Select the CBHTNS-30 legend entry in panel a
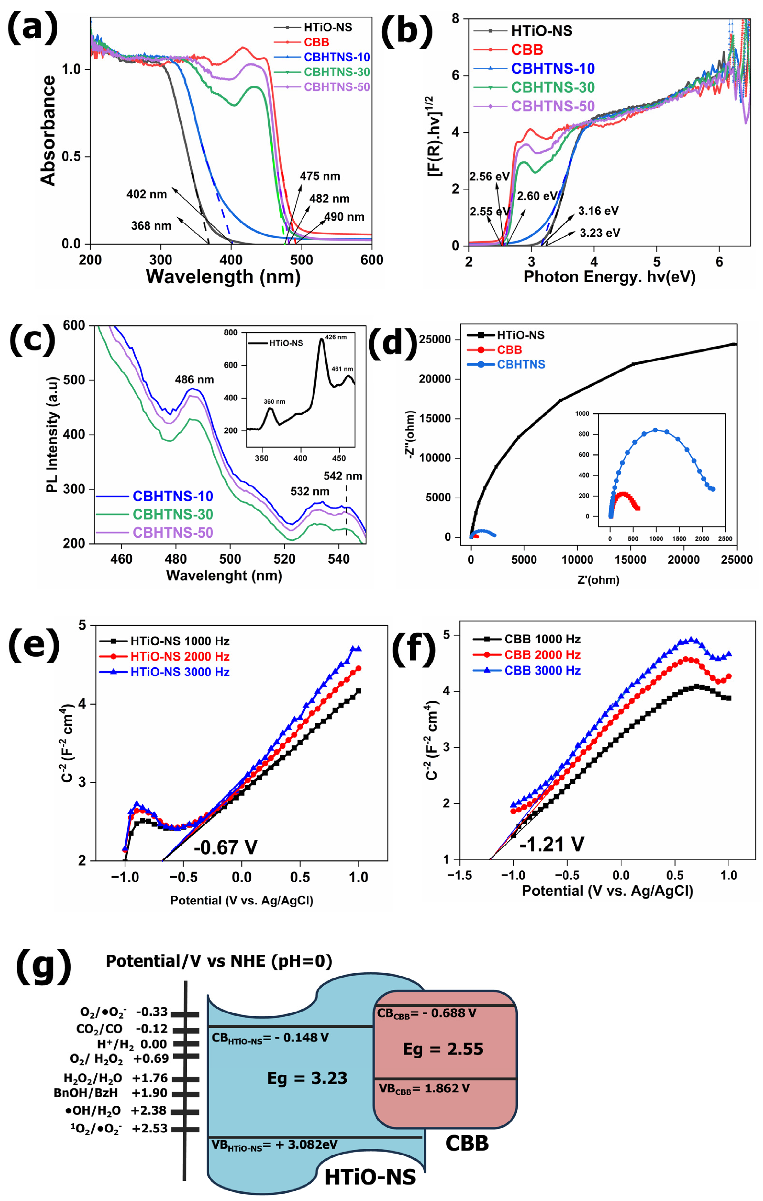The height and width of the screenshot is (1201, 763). (337, 72)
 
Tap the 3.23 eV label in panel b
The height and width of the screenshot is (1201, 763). (599, 233)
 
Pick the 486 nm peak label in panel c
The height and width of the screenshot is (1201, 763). (194, 380)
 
